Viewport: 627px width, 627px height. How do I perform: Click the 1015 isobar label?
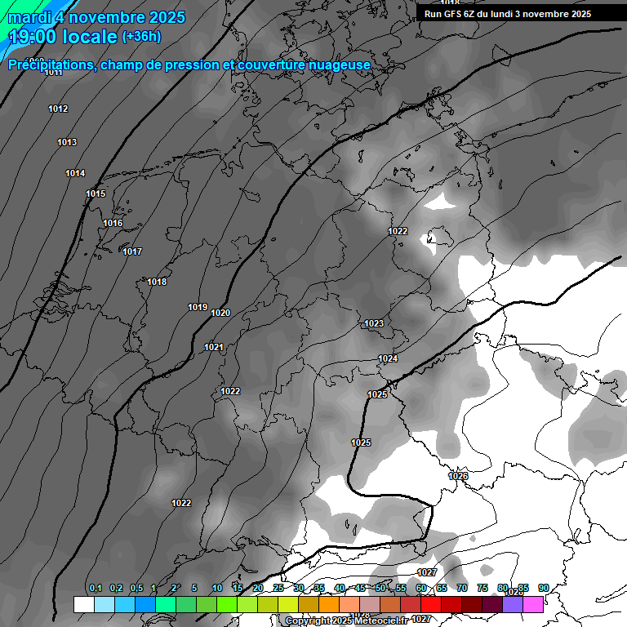coord(96,193)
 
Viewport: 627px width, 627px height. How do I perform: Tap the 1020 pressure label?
coord(220,313)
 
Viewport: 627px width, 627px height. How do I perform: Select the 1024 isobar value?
coord(388,359)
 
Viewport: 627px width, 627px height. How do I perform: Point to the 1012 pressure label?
coord(58,109)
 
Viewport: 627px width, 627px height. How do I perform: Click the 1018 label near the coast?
coord(157,282)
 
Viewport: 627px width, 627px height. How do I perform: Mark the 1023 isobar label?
coord(374,324)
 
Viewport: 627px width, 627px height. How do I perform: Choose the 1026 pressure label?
coord(458,476)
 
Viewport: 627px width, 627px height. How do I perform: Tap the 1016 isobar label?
coord(113,224)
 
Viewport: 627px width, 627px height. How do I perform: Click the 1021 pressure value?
coord(214,347)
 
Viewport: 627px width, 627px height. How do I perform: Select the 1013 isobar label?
coord(67,143)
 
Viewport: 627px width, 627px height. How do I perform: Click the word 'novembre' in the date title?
coord(105,17)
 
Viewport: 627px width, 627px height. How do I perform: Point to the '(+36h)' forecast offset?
coord(141,37)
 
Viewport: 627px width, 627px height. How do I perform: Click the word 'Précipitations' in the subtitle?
coord(51,64)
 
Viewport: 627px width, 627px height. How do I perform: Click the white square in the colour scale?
coord(83,604)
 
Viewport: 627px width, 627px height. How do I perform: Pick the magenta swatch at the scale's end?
coord(533,604)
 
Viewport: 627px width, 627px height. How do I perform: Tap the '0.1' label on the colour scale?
coord(96,589)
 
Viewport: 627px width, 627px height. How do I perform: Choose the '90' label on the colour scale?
coord(543,589)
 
